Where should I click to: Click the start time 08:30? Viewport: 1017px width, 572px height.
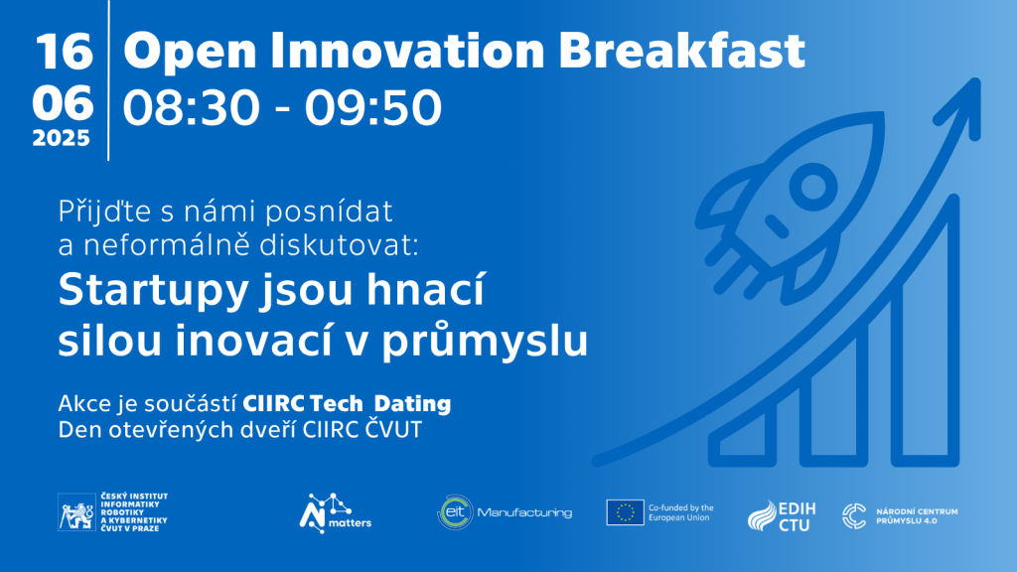pyautogui.click(x=192, y=107)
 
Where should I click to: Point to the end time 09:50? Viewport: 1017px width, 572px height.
pyautogui.click(x=373, y=107)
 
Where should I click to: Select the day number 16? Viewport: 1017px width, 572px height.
pyautogui.click(x=64, y=52)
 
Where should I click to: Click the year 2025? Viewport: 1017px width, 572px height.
pyautogui.click(x=61, y=138)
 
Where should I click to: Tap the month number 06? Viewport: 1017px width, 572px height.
pyautogui.click(x=63, y=102)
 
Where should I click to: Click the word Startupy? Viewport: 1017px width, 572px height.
pyautogui.click(x=154, y=292)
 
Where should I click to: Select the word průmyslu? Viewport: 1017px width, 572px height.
pyautogui.click(x=485, y=341)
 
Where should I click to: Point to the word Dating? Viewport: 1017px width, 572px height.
pyautogui.click(x=412, y=403)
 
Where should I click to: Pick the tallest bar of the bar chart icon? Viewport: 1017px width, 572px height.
pyautogui.click(x=925, y=330)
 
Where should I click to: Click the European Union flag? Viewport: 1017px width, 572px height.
pyautogui.click(x=626, y=512)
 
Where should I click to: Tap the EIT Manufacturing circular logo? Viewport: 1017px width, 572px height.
pyautogui.click(x=455, y=512)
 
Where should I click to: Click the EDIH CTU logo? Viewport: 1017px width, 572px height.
pyautogui.click(x=782, y=516)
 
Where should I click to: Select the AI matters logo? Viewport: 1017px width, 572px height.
pyautogui.click(x=335, y=513)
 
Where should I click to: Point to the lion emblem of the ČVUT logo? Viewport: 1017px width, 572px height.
pyautogui.click(x=77, y=512)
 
